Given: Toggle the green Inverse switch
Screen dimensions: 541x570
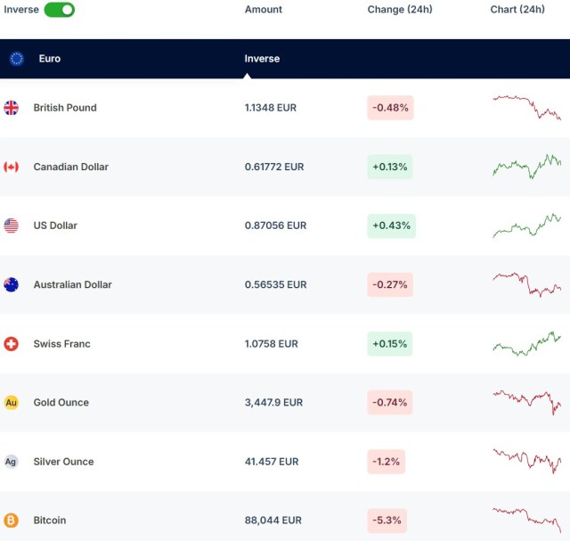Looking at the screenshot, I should (59, 10).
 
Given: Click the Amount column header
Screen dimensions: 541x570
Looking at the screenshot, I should (263, 10).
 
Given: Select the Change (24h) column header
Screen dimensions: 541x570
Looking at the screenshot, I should (399, 10).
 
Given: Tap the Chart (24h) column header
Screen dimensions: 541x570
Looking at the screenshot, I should (517, 10).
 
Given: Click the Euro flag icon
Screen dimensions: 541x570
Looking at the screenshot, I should (17, 59).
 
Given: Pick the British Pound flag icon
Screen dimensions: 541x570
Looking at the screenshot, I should (12, 108).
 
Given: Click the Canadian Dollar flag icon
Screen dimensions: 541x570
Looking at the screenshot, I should (12, 167).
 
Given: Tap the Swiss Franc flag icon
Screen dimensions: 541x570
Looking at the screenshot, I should (12, 344).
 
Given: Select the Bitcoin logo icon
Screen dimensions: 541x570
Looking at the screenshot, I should (12, 521).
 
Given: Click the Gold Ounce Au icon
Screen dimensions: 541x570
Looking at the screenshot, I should (12, 403).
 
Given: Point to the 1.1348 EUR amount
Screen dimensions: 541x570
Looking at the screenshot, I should (270, 108).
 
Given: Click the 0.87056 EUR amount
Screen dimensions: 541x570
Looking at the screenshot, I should (275, 225).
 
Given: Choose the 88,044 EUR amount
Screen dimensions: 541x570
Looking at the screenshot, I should (273, 521).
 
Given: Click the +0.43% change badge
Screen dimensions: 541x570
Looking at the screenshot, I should (391, 225).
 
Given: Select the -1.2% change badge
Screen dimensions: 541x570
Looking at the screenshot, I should (386, 462).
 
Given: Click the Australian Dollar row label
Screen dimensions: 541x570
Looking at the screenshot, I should (72, 285).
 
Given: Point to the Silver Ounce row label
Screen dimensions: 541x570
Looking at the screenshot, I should (63, 462).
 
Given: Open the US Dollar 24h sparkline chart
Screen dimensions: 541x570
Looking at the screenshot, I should (526, 225).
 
